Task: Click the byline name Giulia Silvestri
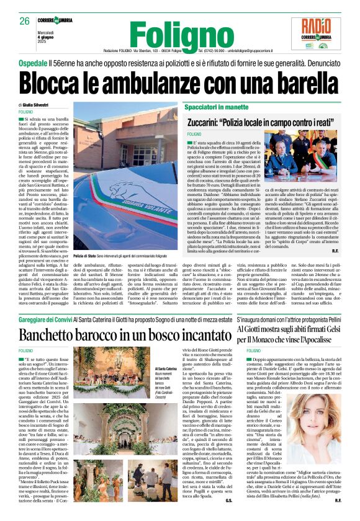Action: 39,106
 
